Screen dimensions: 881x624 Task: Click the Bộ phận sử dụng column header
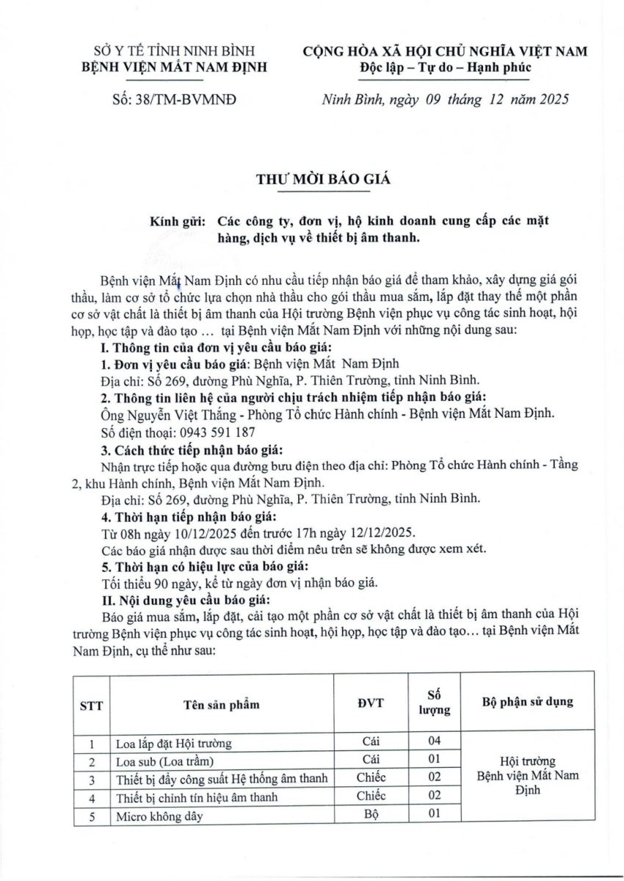click(528, 702)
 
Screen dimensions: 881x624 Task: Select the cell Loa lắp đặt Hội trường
click(174, 743)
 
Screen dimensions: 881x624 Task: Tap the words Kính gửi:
click(177, 221)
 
